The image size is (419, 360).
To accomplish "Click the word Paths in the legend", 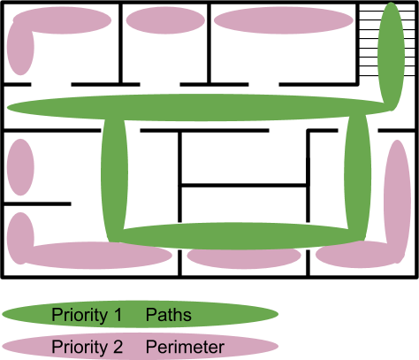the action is (169, 315).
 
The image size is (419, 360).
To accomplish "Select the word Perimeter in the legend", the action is (185, 347).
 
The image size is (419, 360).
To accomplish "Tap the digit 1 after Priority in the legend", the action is (118, 315).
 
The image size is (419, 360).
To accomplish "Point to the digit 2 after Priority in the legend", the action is (118, 347).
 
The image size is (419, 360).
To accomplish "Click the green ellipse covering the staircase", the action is (392, 56).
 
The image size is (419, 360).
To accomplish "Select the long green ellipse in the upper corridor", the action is (199, 107).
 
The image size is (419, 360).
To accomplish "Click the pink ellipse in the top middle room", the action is (165, 20).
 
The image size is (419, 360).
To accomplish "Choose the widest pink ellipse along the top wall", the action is (284, 20).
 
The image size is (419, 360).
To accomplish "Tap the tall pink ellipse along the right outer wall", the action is (398, 202).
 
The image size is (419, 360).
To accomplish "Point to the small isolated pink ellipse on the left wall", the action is (20, 167).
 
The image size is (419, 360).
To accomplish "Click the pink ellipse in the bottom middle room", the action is (244, 256).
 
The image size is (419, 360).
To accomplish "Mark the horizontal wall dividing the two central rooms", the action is (244, 185).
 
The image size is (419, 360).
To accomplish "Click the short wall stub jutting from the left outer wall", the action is (37, 203).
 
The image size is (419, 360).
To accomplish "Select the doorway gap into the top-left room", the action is (51, 85).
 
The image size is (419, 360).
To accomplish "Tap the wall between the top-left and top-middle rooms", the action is (120, 43).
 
